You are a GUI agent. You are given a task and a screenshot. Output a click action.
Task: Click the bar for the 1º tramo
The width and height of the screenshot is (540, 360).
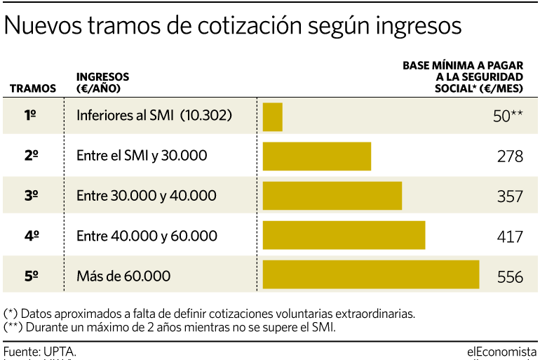[x=272, y=116]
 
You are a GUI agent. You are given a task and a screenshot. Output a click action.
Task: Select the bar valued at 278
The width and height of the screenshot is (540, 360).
[x=316, y=156]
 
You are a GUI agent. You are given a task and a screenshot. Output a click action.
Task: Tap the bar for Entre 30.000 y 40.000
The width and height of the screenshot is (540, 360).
[x=332, y=196]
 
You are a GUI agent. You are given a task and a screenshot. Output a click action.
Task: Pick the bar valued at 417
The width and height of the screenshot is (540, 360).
[x=344, y=235]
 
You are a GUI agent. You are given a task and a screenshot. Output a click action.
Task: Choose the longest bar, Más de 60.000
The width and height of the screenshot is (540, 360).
[x=370, y=274]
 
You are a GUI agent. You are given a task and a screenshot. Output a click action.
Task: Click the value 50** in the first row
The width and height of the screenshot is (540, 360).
[x=508, y=116]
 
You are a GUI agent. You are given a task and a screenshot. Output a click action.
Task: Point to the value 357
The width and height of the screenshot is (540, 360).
[x=510, y=196]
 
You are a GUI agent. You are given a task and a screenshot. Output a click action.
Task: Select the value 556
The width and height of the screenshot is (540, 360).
[x=510, y=276]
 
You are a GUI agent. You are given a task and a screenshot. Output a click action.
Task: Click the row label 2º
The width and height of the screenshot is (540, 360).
[x=32, y=156]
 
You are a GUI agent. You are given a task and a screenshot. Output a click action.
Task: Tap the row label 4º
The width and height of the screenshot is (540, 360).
[x=32, y=236]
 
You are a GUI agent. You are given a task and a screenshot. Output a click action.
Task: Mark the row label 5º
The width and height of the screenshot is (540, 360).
[x=32, y=276]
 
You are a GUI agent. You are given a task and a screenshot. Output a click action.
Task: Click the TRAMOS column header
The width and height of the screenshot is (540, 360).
[x=33, y=88]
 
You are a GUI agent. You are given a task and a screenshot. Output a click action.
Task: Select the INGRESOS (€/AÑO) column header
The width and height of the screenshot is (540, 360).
[x=102, y=83]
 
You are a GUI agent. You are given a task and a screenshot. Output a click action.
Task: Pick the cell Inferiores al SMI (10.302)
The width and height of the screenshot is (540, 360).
[x=154, y=116]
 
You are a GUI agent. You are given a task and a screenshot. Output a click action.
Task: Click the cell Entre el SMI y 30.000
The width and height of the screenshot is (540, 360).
[x=142, y=156]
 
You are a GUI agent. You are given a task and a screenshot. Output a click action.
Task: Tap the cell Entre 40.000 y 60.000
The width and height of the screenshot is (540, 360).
[x=147, y=236]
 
